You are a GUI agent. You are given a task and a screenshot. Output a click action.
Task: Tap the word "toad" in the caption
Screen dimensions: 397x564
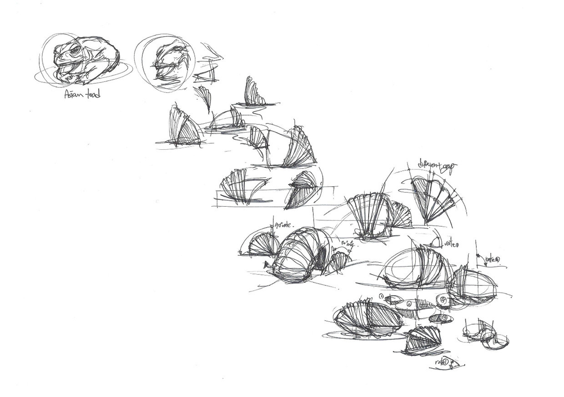click(92, 94)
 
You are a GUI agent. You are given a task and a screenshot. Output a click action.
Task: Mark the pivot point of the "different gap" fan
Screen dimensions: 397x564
click(427, 223)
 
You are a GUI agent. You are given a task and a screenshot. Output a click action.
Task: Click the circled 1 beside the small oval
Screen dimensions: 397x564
click(381, 297)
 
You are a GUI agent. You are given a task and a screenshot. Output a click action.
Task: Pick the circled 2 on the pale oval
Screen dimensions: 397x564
click(409, 304)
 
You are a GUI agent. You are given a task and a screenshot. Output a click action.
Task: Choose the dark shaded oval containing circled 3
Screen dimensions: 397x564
click(441, 318)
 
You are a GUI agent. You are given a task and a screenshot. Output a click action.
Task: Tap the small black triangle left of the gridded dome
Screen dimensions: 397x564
click(266, 265)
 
